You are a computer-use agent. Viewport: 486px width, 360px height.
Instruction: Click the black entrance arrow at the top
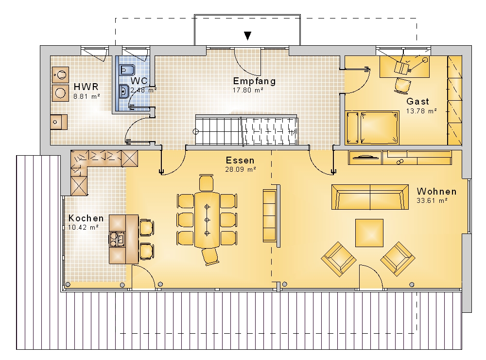click(247, 36)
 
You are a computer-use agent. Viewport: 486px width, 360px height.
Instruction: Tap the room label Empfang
click(254, 81)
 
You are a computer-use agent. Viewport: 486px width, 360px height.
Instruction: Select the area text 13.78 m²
click(421, 111)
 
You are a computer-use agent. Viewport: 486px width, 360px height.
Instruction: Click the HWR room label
click(86, 87)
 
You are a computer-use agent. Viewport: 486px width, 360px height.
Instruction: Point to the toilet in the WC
click(127, 70)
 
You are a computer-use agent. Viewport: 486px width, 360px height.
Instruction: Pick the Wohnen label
click(436, 191)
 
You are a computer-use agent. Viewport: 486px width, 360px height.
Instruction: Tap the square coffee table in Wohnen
click(369, 233)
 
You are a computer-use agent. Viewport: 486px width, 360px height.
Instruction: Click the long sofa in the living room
click(370, 197)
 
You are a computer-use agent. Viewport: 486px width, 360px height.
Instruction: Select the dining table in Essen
click(207, 220)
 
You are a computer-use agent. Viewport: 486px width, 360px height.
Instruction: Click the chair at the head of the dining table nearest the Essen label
click(206, 183)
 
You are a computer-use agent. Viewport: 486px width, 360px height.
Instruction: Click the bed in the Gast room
click(372, 127)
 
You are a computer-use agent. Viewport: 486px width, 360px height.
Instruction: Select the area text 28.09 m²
click(241, 169)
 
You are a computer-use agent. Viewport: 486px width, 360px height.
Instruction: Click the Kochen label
click(86, 218)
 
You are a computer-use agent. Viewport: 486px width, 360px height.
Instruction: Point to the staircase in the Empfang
click(246, 130)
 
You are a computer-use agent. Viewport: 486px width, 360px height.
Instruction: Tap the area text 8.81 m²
click(87, 96)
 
